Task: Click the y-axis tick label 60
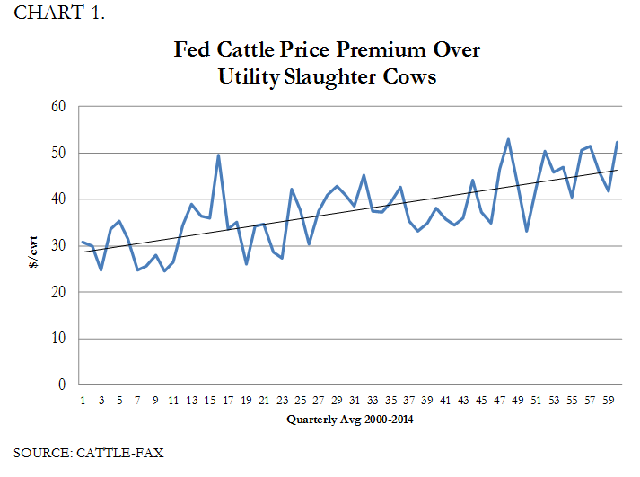(x=59, y=106)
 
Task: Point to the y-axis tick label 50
(x=59, y=153)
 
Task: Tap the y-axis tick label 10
(x=59, y=339)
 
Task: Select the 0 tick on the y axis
(x=63, y=385)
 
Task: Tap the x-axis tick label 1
(x=83, y=400)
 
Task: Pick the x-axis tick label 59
(x=609, y=400)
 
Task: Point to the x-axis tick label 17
(x=228, y=400)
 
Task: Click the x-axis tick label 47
(x=500, y=400)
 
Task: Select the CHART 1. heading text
(x=59, y=13)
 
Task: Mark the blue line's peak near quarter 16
(x=219, y=155)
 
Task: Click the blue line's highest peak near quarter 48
(x=508, y=139)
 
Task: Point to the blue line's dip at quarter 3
(x=101, y=269)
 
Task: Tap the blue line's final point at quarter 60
(x=618, y=142)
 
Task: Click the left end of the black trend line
(x=83, y=252)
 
